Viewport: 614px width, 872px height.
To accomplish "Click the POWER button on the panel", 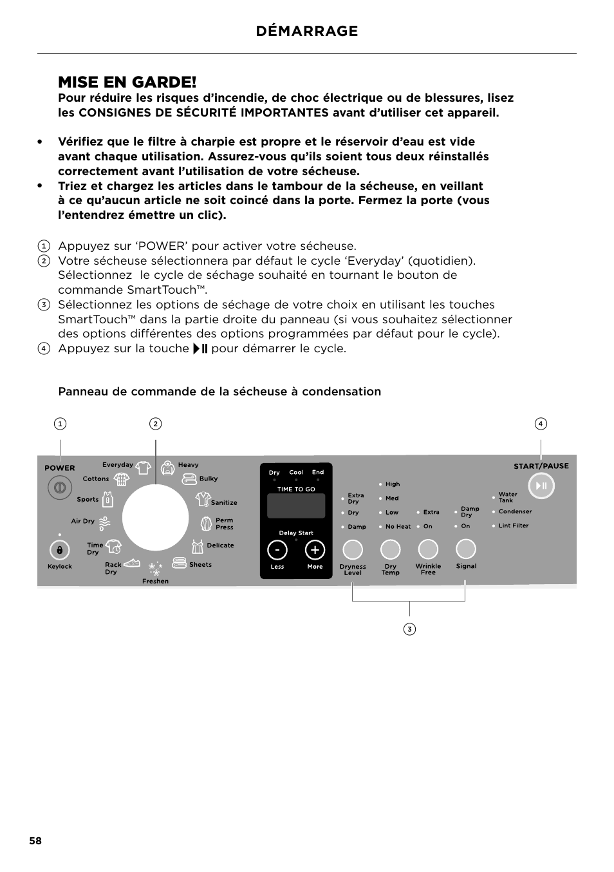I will pos(60,488).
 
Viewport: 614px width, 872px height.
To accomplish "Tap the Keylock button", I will pos(59,550).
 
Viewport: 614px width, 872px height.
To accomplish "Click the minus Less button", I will pos(277,550).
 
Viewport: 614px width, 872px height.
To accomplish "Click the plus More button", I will pos(315,550).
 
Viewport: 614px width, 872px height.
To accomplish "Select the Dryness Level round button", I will pos(353,549).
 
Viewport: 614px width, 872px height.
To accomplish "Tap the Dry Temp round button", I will pos(390,549).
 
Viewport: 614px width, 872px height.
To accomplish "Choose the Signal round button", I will pos(465,549).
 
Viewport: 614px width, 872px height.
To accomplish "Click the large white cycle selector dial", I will pos(155,518).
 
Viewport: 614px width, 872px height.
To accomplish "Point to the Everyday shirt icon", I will pos(143,467).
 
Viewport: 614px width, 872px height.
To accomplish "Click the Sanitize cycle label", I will pos(224,502).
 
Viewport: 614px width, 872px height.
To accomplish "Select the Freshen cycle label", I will pos(155,581).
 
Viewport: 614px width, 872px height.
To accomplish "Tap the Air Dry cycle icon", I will pos(104,522).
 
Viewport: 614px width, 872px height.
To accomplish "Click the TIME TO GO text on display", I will pos(296,489).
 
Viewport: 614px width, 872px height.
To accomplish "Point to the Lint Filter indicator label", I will pos(513,526).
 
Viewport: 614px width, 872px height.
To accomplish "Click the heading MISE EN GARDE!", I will pos(127,82).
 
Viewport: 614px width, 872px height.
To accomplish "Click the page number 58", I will pos(35,841).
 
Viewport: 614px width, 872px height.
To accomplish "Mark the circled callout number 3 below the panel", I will pos(409,629).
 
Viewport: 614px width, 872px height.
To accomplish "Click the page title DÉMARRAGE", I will pos(306,31).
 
